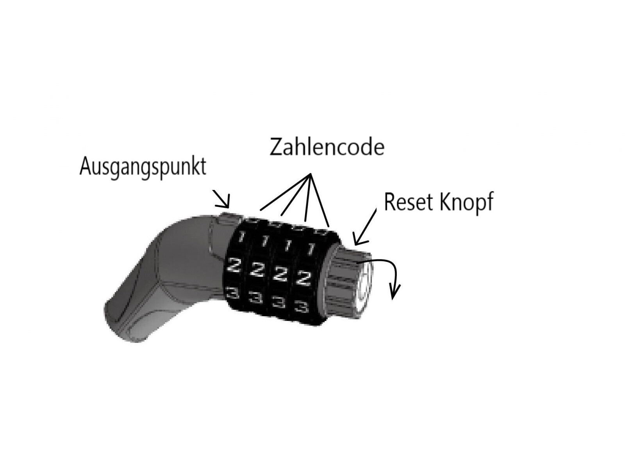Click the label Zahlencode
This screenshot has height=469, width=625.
click(327, 147)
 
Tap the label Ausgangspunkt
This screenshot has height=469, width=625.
click(143, 167)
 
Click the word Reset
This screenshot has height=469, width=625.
click(409, 202)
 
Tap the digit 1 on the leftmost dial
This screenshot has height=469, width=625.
click(241, 237)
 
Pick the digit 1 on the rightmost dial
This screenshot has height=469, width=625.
click(311, 248)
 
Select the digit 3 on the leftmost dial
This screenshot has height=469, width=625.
click(232, 293)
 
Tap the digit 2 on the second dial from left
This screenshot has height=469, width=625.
click(256, 269)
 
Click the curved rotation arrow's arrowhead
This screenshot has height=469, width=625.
click(395, 293)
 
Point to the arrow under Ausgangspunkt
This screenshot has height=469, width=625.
click(221, 199)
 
